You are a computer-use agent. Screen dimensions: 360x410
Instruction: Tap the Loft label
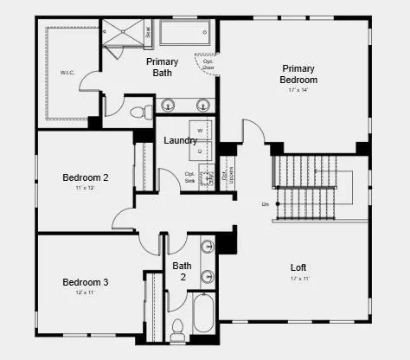pos(298,267)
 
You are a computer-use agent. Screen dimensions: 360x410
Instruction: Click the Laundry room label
pos(180,140)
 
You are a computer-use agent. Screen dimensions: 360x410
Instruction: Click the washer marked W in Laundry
pos(200,131)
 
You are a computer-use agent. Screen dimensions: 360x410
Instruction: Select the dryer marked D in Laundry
pos(200,151)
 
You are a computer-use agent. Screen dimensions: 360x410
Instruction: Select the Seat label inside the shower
pos(148,33)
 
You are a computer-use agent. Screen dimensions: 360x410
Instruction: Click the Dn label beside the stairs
pos(266,204)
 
